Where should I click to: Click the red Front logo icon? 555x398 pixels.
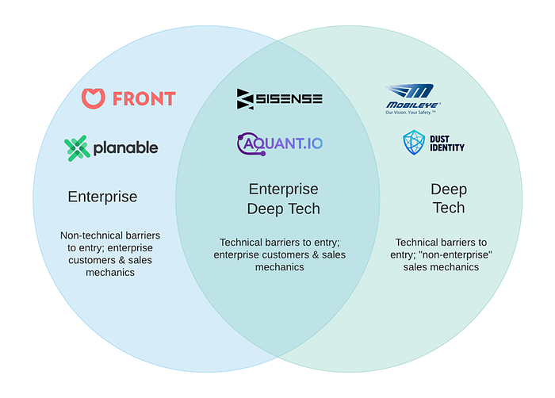(93, 98)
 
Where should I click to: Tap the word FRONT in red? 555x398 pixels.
(144, 98)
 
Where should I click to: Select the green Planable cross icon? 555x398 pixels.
(77, 148)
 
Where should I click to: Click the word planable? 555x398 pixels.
(125, 147)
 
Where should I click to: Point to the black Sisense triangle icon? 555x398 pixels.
(245, 99)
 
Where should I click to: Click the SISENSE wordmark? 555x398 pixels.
(289, 98)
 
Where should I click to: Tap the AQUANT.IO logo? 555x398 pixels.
(280, 144)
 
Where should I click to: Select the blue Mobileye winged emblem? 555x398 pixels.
(411, 90)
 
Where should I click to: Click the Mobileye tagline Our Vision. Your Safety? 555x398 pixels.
(411, 113)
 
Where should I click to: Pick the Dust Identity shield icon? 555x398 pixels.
(414, 143)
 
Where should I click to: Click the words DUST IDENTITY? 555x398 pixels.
(447, 144)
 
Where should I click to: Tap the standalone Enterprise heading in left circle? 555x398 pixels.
(102, 197)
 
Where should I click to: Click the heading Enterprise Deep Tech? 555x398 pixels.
(284, 199)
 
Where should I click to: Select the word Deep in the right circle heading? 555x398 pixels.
(449, 189)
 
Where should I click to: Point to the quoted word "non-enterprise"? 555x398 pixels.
(455, 254)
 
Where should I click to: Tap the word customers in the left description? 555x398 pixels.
(92, 260)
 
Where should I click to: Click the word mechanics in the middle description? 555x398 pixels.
(280, 267)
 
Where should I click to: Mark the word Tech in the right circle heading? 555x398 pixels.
(449, 208)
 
